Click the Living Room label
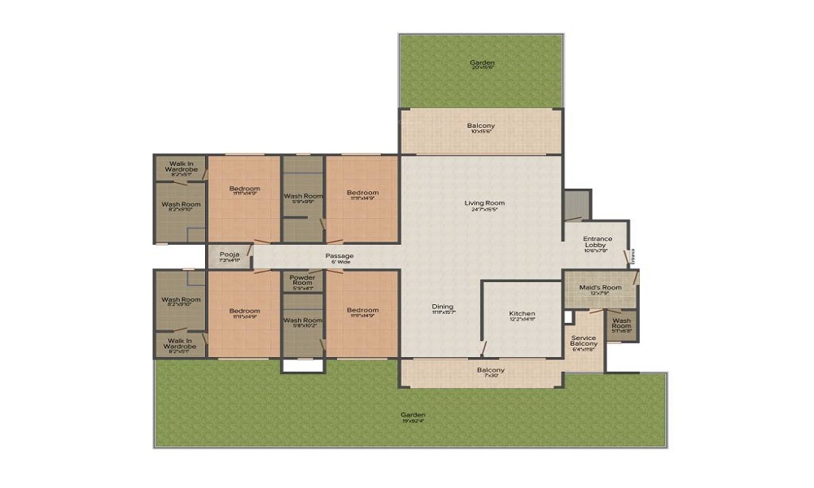click(x=485, y=203)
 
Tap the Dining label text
click(x=443, y=307)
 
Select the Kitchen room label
click(x=522, y=314)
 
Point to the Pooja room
click(x=229, y=255)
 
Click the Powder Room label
click(x=302, y=280)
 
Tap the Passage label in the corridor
click(x=339, y=256)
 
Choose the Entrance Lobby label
click(x=597, y=242)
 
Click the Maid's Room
click(x=601, y=288)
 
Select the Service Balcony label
click(x=584, y=341)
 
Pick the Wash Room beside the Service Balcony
click(x=621, y=324)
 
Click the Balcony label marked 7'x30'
click(x=491, y=371)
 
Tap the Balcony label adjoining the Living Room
click(x=480, y=126)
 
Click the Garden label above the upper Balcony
click(x=482, y=63)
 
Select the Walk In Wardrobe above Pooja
click(x=181, y=167)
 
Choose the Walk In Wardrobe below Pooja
click(x=181, y=344)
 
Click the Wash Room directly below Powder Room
click(x=303, y=320)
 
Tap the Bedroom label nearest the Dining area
click(x=362, y=310)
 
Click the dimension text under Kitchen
click(x=522, y=320)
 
